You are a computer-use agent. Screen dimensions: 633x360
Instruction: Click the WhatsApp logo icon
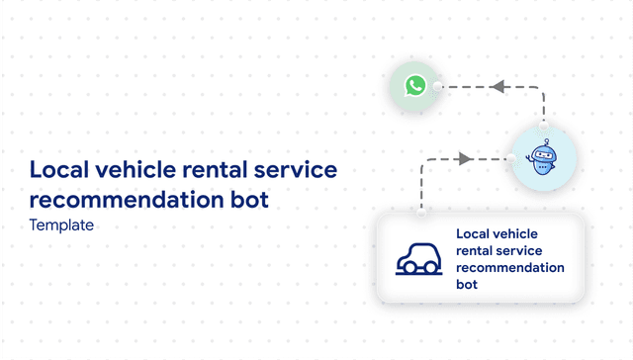coord(414,87)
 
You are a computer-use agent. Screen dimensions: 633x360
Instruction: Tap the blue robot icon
coord(542,159)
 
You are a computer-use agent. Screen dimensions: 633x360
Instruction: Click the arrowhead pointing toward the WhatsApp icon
coord(498,87)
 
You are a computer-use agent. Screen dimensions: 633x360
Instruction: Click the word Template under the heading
coord(61,225)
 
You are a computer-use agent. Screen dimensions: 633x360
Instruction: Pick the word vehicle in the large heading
coord(139,170)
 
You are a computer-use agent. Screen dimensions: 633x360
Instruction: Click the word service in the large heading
coord(299,170)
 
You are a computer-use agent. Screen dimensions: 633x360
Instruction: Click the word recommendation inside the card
coord(510,268)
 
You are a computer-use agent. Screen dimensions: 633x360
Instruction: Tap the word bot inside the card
coord(467,285)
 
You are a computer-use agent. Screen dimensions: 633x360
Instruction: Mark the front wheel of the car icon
coord(431,268)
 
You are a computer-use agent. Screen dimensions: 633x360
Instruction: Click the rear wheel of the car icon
coord(406,268)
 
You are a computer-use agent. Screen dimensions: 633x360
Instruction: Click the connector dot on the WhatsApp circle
coord(438,87)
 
